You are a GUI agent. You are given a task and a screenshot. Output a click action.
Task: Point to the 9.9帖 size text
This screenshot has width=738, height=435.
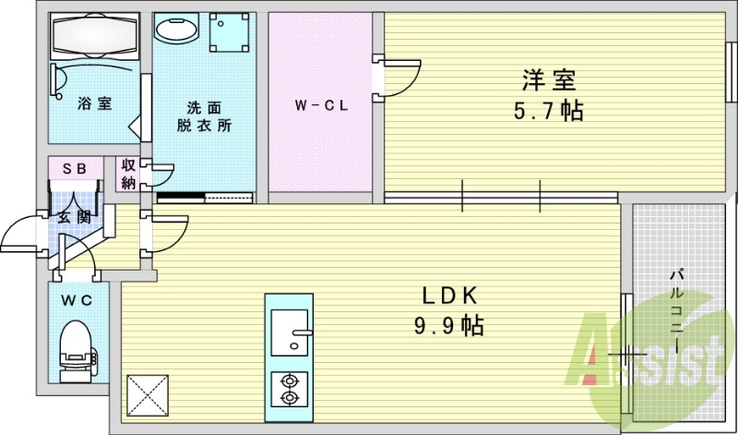coord(448,325)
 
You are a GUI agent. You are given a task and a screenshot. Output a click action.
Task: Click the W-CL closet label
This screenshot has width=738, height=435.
coord(320,105)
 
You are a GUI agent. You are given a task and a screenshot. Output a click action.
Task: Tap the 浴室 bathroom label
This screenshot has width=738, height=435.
coord(95,103)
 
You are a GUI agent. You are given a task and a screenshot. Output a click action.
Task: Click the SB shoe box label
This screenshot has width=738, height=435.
coord(75,168)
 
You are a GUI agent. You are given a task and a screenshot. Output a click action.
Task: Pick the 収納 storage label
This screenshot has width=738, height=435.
coord(127,174)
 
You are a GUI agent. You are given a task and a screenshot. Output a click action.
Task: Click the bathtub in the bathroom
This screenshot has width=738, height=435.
coord(94,37)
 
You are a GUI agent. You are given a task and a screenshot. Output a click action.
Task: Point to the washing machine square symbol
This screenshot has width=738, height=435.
coord(228,36)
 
